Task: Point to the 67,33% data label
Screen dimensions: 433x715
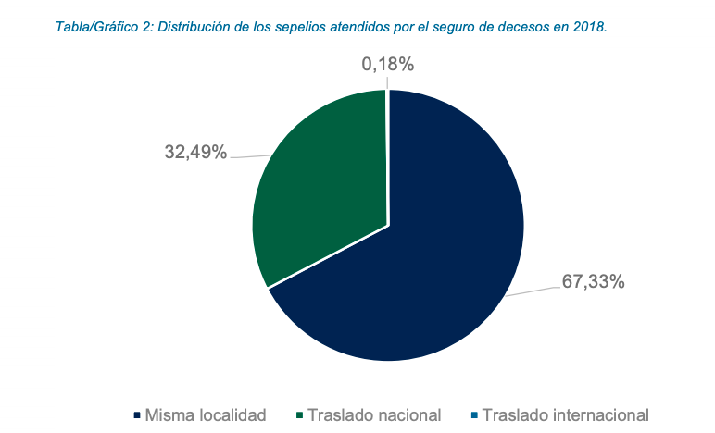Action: click(593, 281)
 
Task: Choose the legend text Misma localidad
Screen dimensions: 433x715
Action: click(206, 414)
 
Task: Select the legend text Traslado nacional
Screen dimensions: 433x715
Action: click(374, 414)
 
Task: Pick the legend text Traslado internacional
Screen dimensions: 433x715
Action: click(566, 414)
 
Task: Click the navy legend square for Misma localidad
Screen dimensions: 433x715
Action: click(137, 414)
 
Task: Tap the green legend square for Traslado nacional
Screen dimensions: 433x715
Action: click(301, 414)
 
